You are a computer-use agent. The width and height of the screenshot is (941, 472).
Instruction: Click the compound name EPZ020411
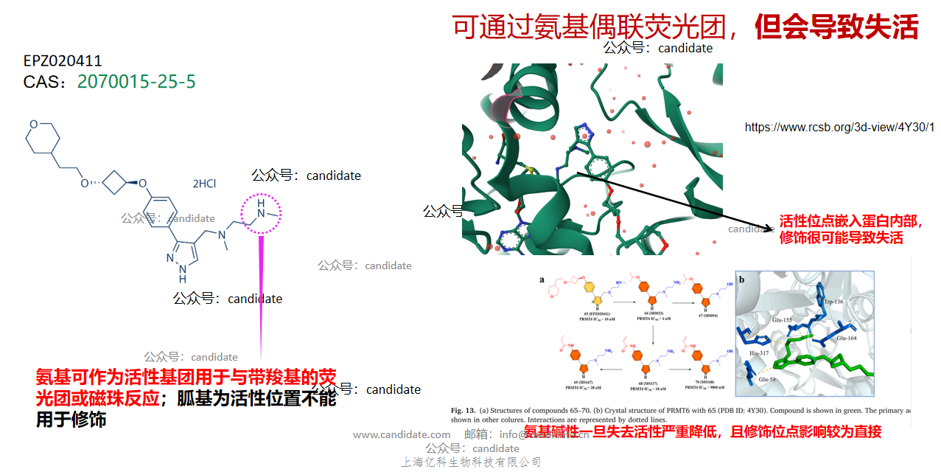click(x=63, y=61)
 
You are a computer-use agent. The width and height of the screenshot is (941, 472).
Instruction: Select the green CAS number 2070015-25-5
click(x=136, y=81)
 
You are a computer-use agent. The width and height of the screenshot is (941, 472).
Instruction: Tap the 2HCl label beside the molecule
click(x=204, y=184)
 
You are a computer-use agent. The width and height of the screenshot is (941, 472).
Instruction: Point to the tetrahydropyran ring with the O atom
click(x=41, y=137)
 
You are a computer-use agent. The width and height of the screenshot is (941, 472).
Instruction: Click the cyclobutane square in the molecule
click(x=113, y=182)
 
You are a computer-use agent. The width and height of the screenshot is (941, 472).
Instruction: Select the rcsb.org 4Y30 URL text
click(x=839, y=127)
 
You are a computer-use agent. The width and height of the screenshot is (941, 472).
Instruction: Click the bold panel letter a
click(x=542, y=280)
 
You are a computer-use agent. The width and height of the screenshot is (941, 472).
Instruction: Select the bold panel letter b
click(x=741, y=280)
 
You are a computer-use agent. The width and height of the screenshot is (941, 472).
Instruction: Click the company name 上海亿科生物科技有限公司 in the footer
click(x=471, y=462)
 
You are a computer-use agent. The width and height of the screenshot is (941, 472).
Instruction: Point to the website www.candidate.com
click(x=402, y=435)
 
